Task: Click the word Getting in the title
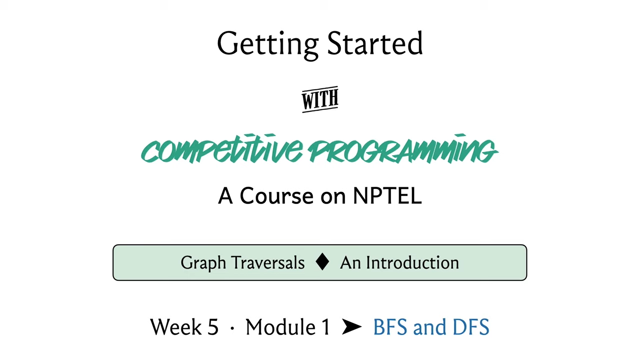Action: (x=268, y=45)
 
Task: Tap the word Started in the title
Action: (x=375, y=43)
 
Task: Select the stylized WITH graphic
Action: (x=320, y=99)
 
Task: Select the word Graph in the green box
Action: (x=203, y=263)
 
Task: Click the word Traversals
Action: (x=268, y=263)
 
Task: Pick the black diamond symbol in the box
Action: (x=322, y=262)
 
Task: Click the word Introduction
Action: (x=413, y=263)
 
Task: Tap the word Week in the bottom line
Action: (x=176, y=327)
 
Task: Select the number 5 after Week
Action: (x=213, y=327)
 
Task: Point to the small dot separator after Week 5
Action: (x=232, y=328)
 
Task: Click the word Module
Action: (x=281, y=327)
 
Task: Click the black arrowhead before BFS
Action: (x=352, y=327)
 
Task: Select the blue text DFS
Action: (x=471, y=327)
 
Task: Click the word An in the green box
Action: (x=351, y=263)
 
